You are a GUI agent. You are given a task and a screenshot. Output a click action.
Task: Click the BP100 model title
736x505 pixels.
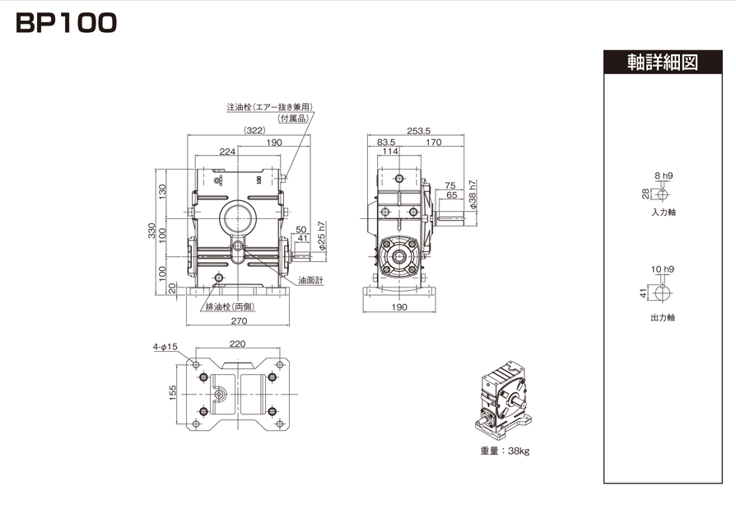point(66,23)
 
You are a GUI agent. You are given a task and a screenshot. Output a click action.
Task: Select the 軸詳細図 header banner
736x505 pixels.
point(663,62)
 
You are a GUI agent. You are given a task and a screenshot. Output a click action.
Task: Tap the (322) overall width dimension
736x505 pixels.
point(255,130)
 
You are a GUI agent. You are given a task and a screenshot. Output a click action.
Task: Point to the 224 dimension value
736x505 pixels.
point(227,152)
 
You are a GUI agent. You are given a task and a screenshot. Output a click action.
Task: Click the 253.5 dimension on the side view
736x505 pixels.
point(419,131)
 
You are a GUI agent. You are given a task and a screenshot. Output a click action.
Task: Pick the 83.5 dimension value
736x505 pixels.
point(386,142)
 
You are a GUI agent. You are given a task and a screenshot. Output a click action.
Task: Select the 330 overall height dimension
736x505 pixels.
point(152,231)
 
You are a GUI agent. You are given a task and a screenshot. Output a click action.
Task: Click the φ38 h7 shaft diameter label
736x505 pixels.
point(473,194)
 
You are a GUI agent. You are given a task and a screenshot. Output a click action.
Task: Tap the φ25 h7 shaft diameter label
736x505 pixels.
point(322,236)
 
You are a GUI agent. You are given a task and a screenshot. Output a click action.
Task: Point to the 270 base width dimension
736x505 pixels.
point(239,320)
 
